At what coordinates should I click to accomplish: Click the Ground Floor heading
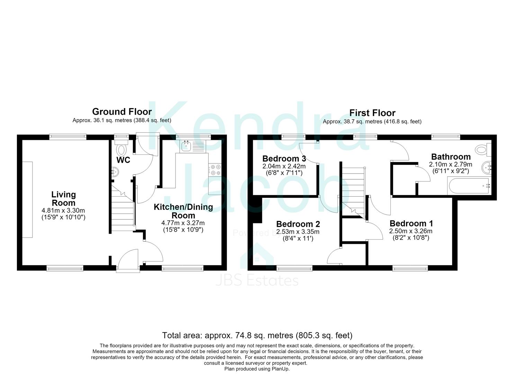click(x=122, y=112)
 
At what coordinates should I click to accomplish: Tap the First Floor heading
click(x=372, y=113)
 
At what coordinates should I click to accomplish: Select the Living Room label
click(x=64, y=198)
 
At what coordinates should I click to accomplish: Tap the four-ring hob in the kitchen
click(x=215, y=170)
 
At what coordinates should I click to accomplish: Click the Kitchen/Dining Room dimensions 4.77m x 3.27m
click(x=183, y=223)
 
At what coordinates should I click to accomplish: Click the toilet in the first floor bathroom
click(x=484, y=150)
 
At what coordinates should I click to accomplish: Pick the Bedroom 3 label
click(x=284, y=159)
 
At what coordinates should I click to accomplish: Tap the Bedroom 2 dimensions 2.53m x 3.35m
click(x=298, y=232)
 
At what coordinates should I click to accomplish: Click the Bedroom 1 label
click(x=411, y=223)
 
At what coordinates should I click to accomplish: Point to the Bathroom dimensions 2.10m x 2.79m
click(x=451, y=164)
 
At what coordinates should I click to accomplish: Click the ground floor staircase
click(x=123, y=208)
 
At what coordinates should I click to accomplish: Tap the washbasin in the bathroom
click(x=486, y=168)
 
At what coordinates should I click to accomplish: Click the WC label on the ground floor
click(x=124, y=160)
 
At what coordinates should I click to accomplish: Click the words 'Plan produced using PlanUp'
click(x=257, y=369)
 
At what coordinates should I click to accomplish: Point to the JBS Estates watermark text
click(x=257, y=281)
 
